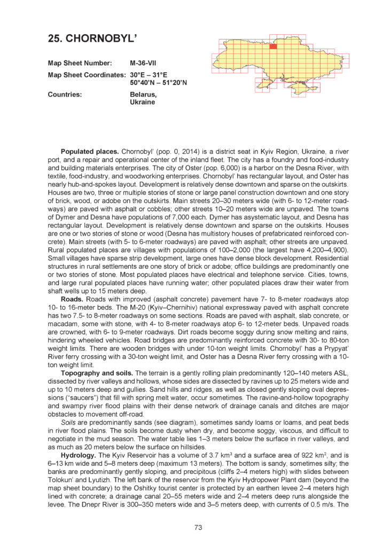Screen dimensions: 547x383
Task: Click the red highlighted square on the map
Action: click(273, 46)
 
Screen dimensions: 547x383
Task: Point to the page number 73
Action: click(198, 528)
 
